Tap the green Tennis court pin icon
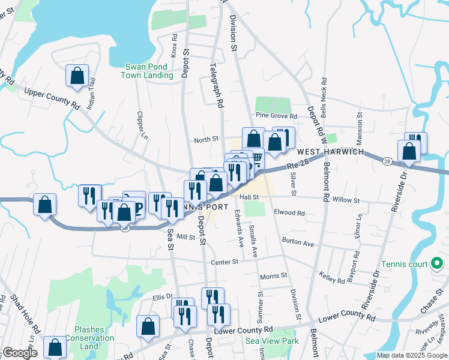pos(438,263)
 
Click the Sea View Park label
pos(272,341)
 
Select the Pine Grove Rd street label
pos(276,115)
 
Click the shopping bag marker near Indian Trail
pos(77,76)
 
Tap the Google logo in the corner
pos(20,353)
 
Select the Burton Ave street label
pos(300,244)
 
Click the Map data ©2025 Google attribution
pos(412,355)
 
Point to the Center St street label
pos(224,262)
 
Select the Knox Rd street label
pos(174,46)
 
